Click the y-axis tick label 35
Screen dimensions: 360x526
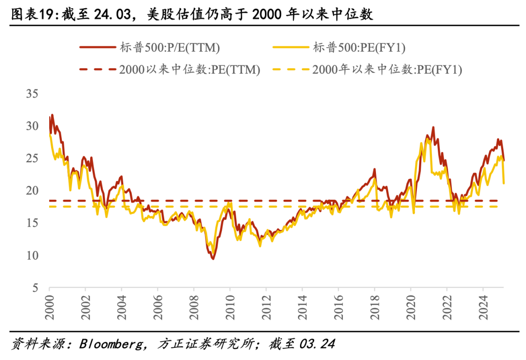32,94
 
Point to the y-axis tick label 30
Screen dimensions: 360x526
32,126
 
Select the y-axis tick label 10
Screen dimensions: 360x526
32,255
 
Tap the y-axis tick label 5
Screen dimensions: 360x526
35,288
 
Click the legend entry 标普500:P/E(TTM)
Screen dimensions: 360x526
169,48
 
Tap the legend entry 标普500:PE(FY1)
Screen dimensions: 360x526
359,48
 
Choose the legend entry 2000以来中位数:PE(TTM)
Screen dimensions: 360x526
189,70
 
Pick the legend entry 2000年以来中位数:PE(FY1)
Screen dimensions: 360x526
387,70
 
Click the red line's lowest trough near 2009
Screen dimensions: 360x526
213,258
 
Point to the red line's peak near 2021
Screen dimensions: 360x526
433,128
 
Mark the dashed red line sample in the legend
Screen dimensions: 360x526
98,70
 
